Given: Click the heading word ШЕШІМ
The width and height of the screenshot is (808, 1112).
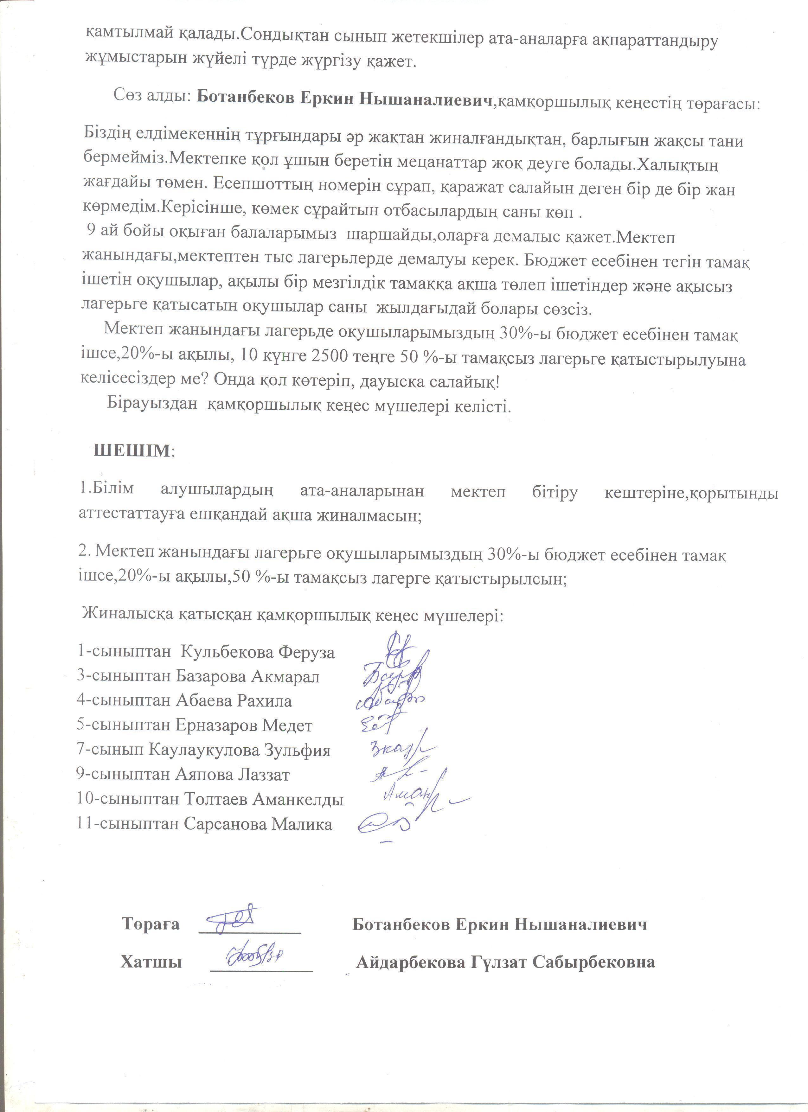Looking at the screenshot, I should pos(131,451).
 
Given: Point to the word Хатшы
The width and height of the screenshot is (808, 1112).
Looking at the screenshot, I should pos(151,962).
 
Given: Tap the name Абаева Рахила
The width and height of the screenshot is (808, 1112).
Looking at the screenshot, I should pos(234,701).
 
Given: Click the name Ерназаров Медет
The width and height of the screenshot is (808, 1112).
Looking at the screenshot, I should pos(244,725).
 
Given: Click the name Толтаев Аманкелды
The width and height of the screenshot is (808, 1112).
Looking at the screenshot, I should pos(264,799).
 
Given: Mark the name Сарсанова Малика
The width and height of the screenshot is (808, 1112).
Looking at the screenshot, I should pos(258,824).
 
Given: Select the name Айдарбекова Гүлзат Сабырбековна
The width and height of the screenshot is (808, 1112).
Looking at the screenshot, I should pos(505,962).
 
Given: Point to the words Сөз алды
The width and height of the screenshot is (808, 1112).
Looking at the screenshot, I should pos(152,95).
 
